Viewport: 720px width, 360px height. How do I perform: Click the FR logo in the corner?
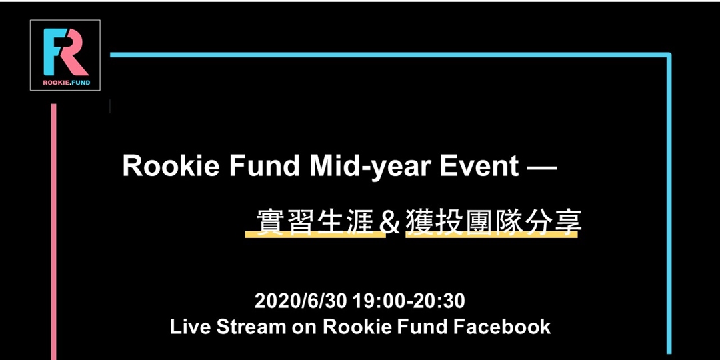65,51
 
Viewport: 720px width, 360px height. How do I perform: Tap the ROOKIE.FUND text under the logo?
65,83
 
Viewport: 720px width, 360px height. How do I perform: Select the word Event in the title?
478,166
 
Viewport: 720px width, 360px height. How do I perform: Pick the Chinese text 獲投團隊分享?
493,221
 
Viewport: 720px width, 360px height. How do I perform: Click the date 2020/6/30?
301,301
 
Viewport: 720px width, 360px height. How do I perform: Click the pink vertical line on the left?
53,233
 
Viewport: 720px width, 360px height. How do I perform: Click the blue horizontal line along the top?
387,55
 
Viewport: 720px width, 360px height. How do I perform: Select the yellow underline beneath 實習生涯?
315,235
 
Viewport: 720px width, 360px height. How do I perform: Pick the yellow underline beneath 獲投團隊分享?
491,235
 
